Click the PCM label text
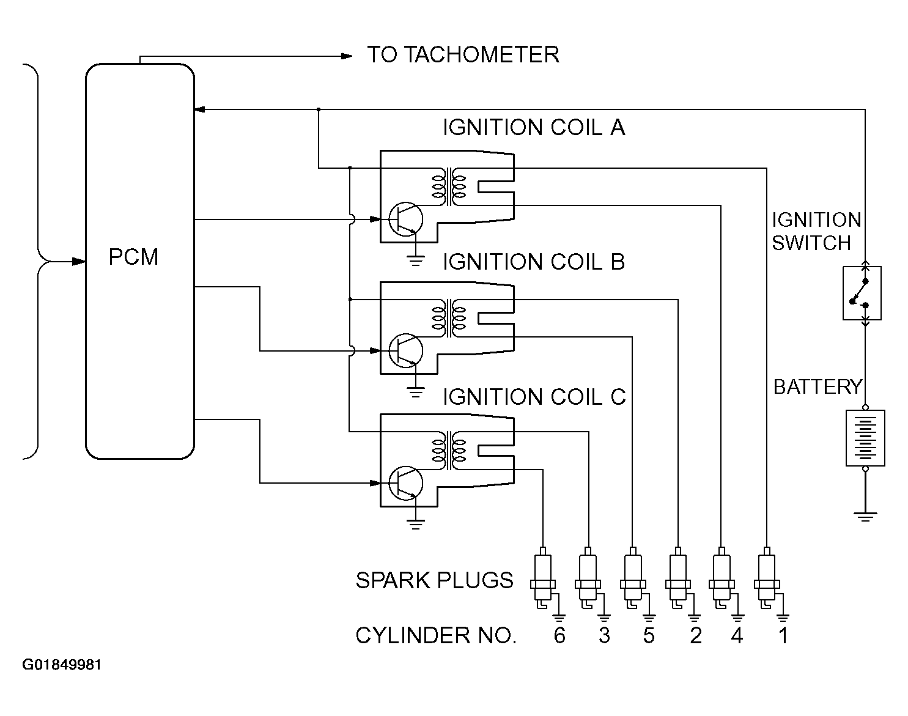133,257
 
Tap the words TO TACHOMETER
463,55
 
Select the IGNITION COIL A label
533,128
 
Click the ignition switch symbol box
862,293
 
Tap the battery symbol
865,438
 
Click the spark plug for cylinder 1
766,578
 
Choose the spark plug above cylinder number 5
632,578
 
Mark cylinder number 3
604,636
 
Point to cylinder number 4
737,636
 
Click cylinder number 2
695,636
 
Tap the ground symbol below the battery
865,517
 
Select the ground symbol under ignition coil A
416,262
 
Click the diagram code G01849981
62,665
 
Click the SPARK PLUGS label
434,580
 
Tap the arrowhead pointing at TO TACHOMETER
347,56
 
